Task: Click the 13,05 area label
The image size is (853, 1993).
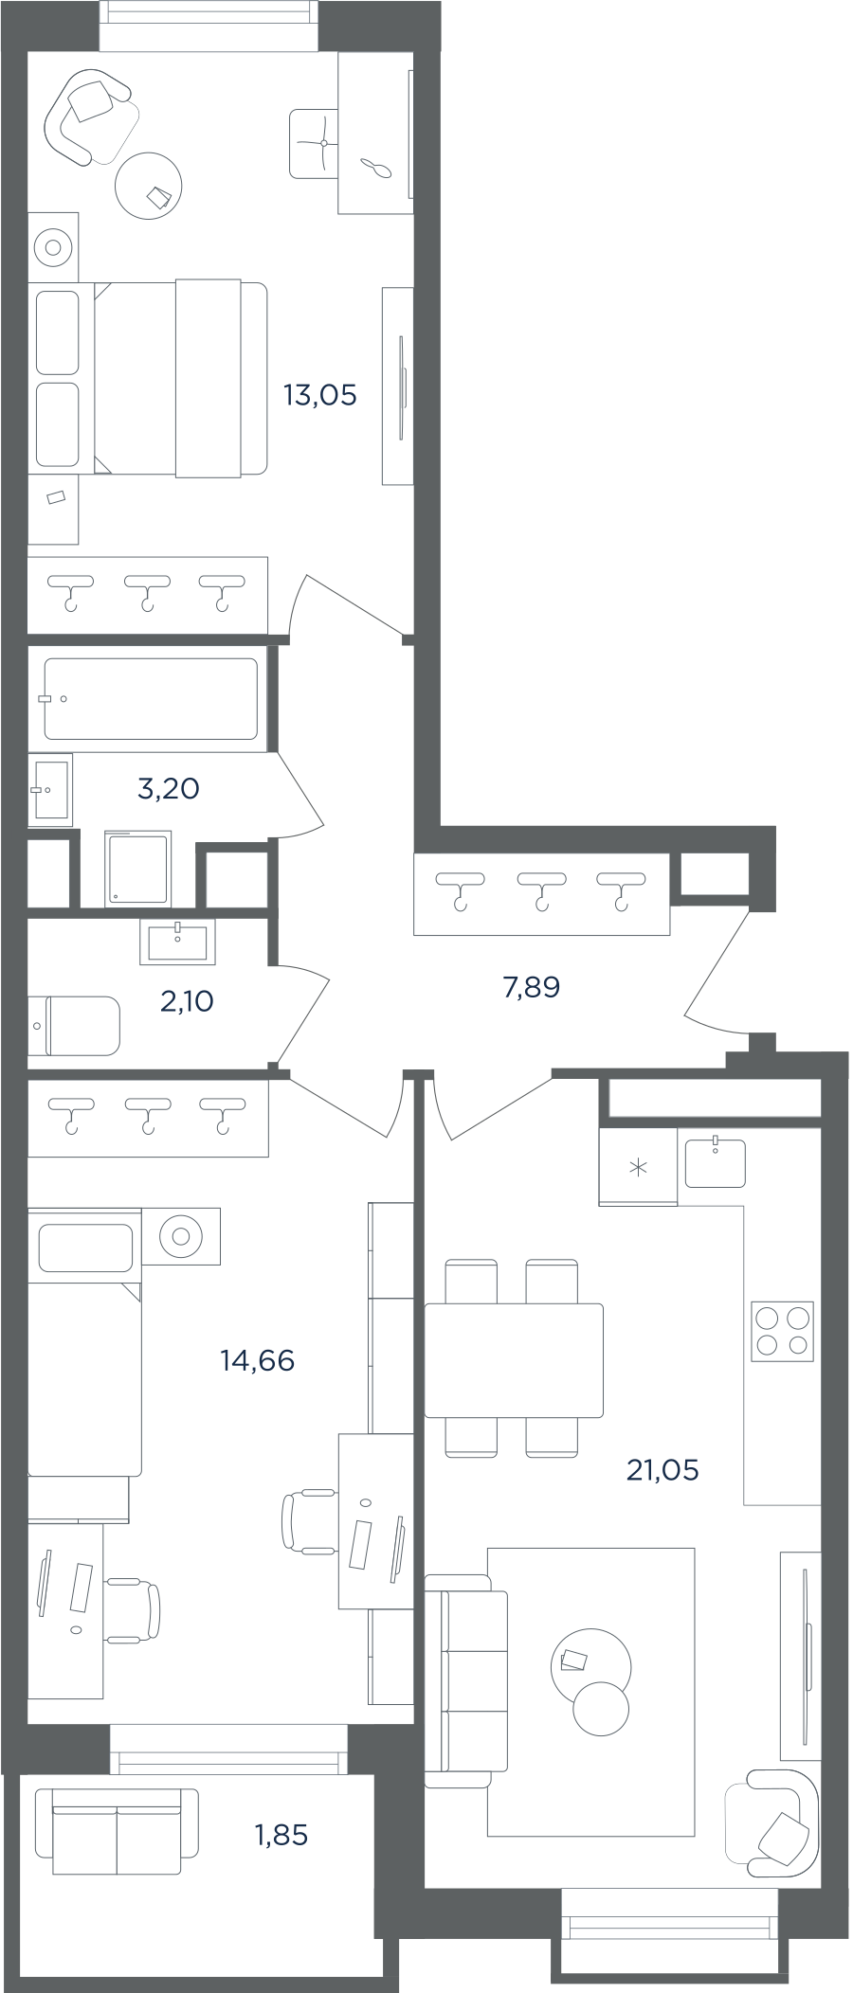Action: [320, 395]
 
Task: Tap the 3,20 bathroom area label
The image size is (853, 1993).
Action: [169, 788]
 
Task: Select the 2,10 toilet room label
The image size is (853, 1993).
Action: [187, 1000]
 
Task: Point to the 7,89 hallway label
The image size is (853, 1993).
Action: [532, 988]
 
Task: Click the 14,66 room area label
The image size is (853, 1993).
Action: [257, 1361]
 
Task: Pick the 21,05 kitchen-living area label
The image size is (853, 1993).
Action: [662, 1470]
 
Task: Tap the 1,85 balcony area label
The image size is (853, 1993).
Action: [281, 1835]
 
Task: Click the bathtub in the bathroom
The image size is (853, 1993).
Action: [151, 698]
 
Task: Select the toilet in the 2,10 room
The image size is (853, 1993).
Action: [74, 1025]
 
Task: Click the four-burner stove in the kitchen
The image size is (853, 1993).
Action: [783, 1331]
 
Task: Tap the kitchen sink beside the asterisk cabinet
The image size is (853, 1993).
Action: [716, 1162]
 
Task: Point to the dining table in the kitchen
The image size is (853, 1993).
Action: [514, 1360]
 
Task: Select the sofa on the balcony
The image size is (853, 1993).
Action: [118, 1832]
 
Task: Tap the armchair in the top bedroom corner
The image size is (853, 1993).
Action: [89, 115]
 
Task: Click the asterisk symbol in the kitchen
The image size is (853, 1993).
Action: [638, 1167]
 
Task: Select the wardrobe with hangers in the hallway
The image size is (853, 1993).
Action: [541, 894]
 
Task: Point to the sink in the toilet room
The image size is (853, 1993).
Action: [177, 942]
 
